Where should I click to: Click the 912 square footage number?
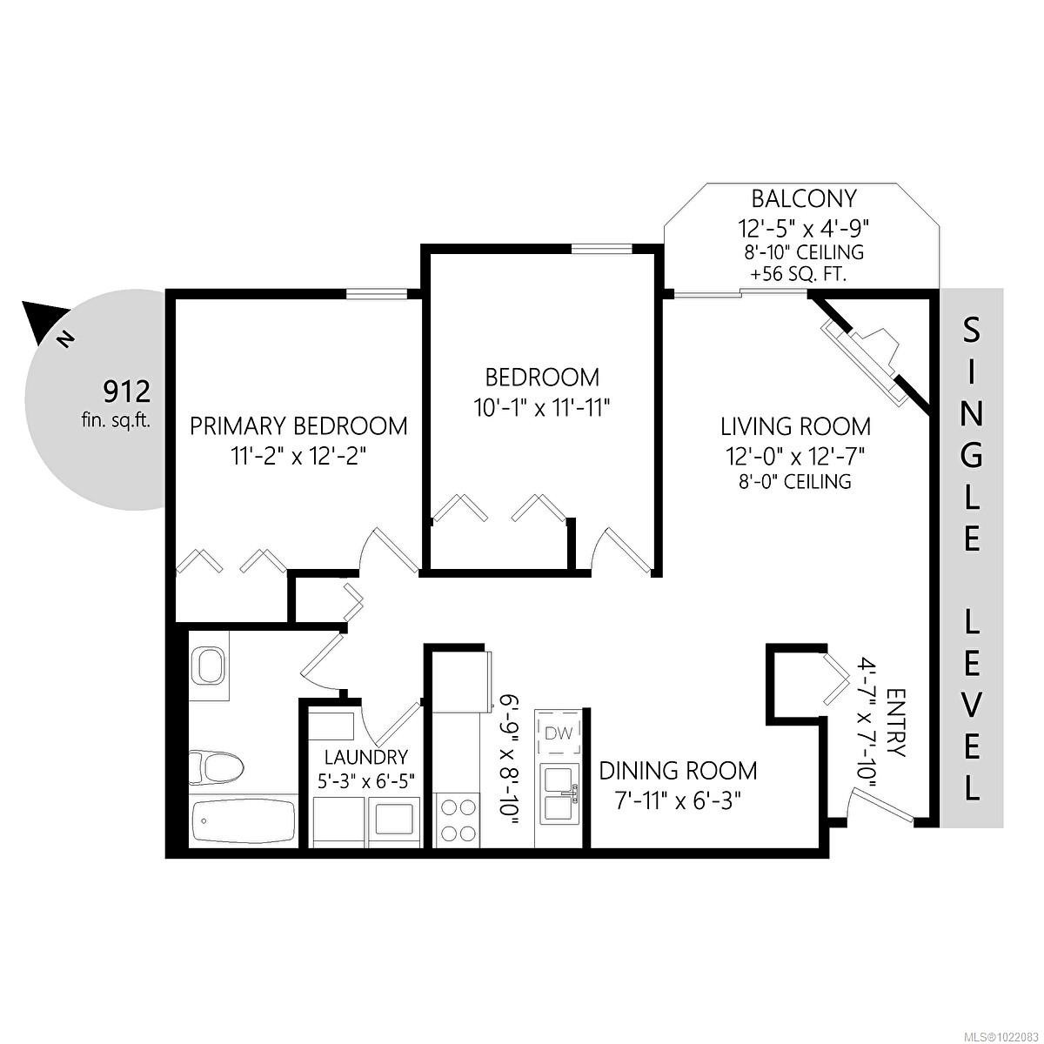pyautogui.click(x=127, y=391)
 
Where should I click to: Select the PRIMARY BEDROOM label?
pyautogui.click(x=298, y=426)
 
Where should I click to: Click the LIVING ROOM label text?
pyautogui.click(x=795, y=427)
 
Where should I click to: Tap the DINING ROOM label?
pyautogui.click(x=678, y=771)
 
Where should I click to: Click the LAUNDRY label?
pyautogui.click(x=365, y=757)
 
